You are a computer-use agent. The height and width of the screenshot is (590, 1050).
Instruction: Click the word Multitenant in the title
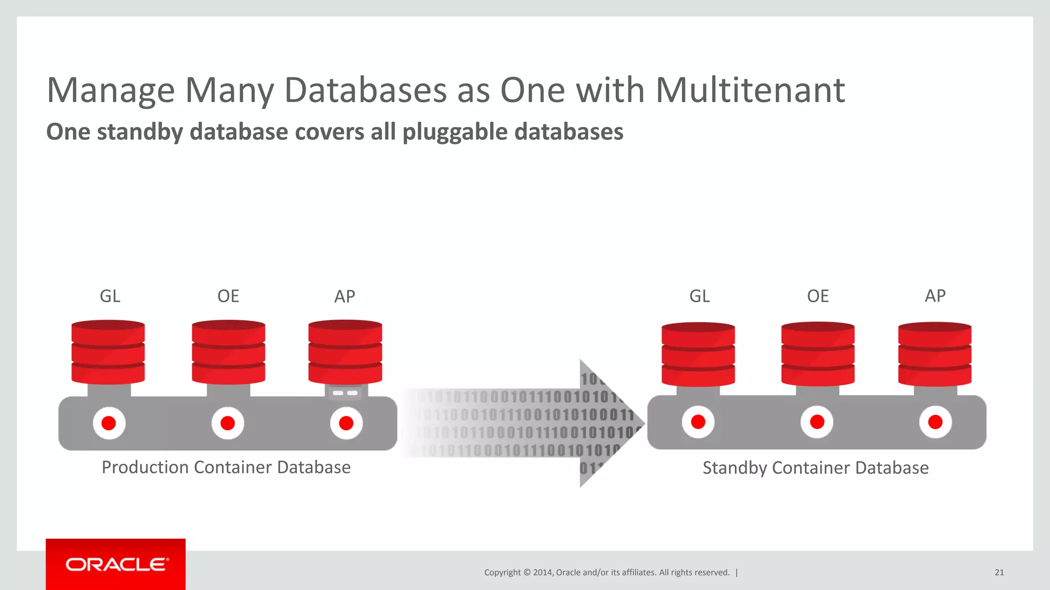tap(750, 90)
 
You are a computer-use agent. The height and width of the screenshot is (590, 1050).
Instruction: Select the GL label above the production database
tap(110, 296)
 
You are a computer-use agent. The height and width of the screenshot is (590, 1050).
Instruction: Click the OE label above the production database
tap(228, 296)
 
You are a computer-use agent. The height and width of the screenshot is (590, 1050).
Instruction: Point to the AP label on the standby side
tap(935, 296)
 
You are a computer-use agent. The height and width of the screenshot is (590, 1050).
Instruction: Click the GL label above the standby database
tap(699, 296)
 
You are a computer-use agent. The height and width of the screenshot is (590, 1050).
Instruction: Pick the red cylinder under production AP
tap(345, 352)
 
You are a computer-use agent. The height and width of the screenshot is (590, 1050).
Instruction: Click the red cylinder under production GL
tap(108, 352)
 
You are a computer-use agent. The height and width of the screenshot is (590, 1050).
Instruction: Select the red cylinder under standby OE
tap(818, 353)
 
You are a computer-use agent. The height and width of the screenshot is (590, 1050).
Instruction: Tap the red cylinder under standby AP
tap(935, 353)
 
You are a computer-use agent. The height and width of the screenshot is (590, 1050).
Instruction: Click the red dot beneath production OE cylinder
tap(228, 423)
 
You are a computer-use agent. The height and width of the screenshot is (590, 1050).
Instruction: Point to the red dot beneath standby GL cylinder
tap(698, 422)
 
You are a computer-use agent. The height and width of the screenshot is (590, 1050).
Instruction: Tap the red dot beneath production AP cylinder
tap(346, 423)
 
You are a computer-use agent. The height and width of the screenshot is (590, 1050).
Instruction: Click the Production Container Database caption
tap(226, 467)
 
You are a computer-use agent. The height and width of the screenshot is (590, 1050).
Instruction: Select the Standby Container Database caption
tap(815, 468)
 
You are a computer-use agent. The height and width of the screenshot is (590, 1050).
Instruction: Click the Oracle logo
tap(116, 564)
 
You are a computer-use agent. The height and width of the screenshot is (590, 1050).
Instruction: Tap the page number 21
tap(999, 573)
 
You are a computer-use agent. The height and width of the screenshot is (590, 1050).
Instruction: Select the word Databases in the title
tap(365, 90)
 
